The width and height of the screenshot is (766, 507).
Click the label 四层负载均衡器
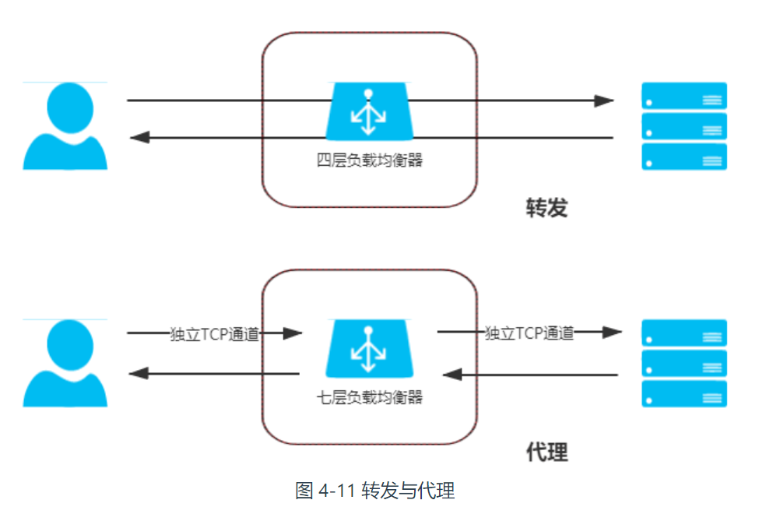coord(369,160)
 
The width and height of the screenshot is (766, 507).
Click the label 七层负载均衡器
coord(369,397)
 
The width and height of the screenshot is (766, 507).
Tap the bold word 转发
coord(546,208)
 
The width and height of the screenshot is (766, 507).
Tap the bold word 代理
coord(546,452)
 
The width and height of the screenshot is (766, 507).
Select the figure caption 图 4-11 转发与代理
coord(374,491)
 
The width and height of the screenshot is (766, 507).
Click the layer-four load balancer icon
coord(369,111)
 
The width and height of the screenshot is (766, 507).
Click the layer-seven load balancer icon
coord(369,349)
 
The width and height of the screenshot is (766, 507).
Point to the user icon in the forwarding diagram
coord(65,126)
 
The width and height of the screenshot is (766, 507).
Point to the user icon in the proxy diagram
coord(65,363)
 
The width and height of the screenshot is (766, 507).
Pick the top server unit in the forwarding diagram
coord(684,96)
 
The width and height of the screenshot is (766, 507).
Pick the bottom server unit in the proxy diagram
coord(684,394)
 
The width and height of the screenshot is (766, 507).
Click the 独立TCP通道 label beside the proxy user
coord(214,334)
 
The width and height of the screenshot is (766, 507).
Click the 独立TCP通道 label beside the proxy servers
coord(529,333)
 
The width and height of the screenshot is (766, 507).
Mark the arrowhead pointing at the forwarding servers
coord(604,100)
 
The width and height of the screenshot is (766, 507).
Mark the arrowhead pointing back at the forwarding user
coord(139,137)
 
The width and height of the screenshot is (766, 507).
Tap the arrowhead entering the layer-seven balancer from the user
coord(293,333)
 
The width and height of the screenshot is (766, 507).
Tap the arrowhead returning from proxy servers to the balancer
coord(452,375)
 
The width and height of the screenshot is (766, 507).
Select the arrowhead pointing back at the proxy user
coord(139,374)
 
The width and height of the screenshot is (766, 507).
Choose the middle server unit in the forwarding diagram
coord(684,126)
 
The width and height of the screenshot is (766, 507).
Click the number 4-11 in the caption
coord(337,491)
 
